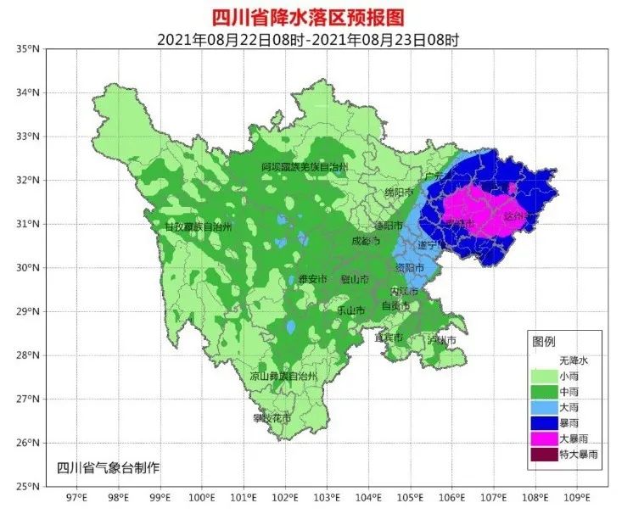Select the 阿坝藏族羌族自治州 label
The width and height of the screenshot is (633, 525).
pyautogui.click(x=305, y=167)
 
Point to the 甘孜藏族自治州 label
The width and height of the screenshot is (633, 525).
pyautogui.click(x=198, y=227)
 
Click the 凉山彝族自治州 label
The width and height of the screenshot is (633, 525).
pyautogui.click(x=283, y=376)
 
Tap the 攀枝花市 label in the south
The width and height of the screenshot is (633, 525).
pyautogui.click(x=272, y=418)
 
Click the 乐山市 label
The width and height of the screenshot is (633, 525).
pyautogui.click(x=350, y=310)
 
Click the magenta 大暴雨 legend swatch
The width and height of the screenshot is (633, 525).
pyautogui.click(x=544, y=438)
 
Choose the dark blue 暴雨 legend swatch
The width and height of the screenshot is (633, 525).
pyautogui.click(x=544, y=422)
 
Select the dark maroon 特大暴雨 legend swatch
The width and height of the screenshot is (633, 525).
pyautogui.click(x=544, y=455)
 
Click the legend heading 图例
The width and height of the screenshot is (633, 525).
pyautogui.click(x=543, y=342)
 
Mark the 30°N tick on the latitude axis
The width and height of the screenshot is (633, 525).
pyautogui.click(x=29, y=268)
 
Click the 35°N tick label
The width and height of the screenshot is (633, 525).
pyautogui.click(x=29, y=49)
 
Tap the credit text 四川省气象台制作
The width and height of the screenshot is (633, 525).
pyautogui.click(x=108, y=467)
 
